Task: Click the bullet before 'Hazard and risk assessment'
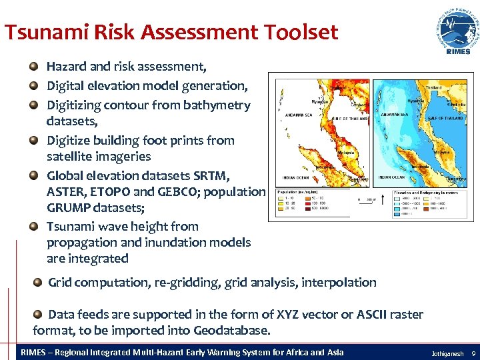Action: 33,67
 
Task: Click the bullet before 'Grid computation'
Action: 38,283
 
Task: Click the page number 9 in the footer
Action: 473,352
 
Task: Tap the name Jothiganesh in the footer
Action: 447,352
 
